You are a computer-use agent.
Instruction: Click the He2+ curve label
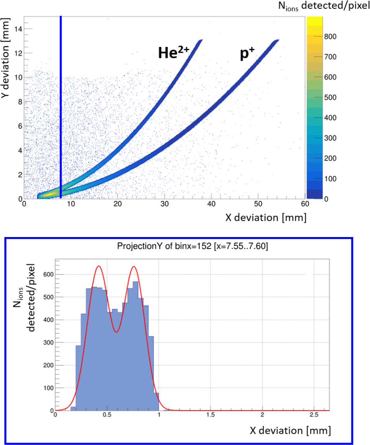173,52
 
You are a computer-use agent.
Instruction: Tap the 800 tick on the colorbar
330,36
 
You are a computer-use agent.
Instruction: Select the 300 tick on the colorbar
330,138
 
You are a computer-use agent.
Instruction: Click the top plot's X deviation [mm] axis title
266,218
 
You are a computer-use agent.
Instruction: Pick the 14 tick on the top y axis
17,29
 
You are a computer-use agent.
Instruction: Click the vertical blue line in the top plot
61,97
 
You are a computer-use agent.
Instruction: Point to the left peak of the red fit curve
99,266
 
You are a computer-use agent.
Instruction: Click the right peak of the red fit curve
134,267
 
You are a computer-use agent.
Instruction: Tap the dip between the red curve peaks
116,332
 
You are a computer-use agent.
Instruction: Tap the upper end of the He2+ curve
201,40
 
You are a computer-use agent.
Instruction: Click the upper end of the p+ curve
277,40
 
